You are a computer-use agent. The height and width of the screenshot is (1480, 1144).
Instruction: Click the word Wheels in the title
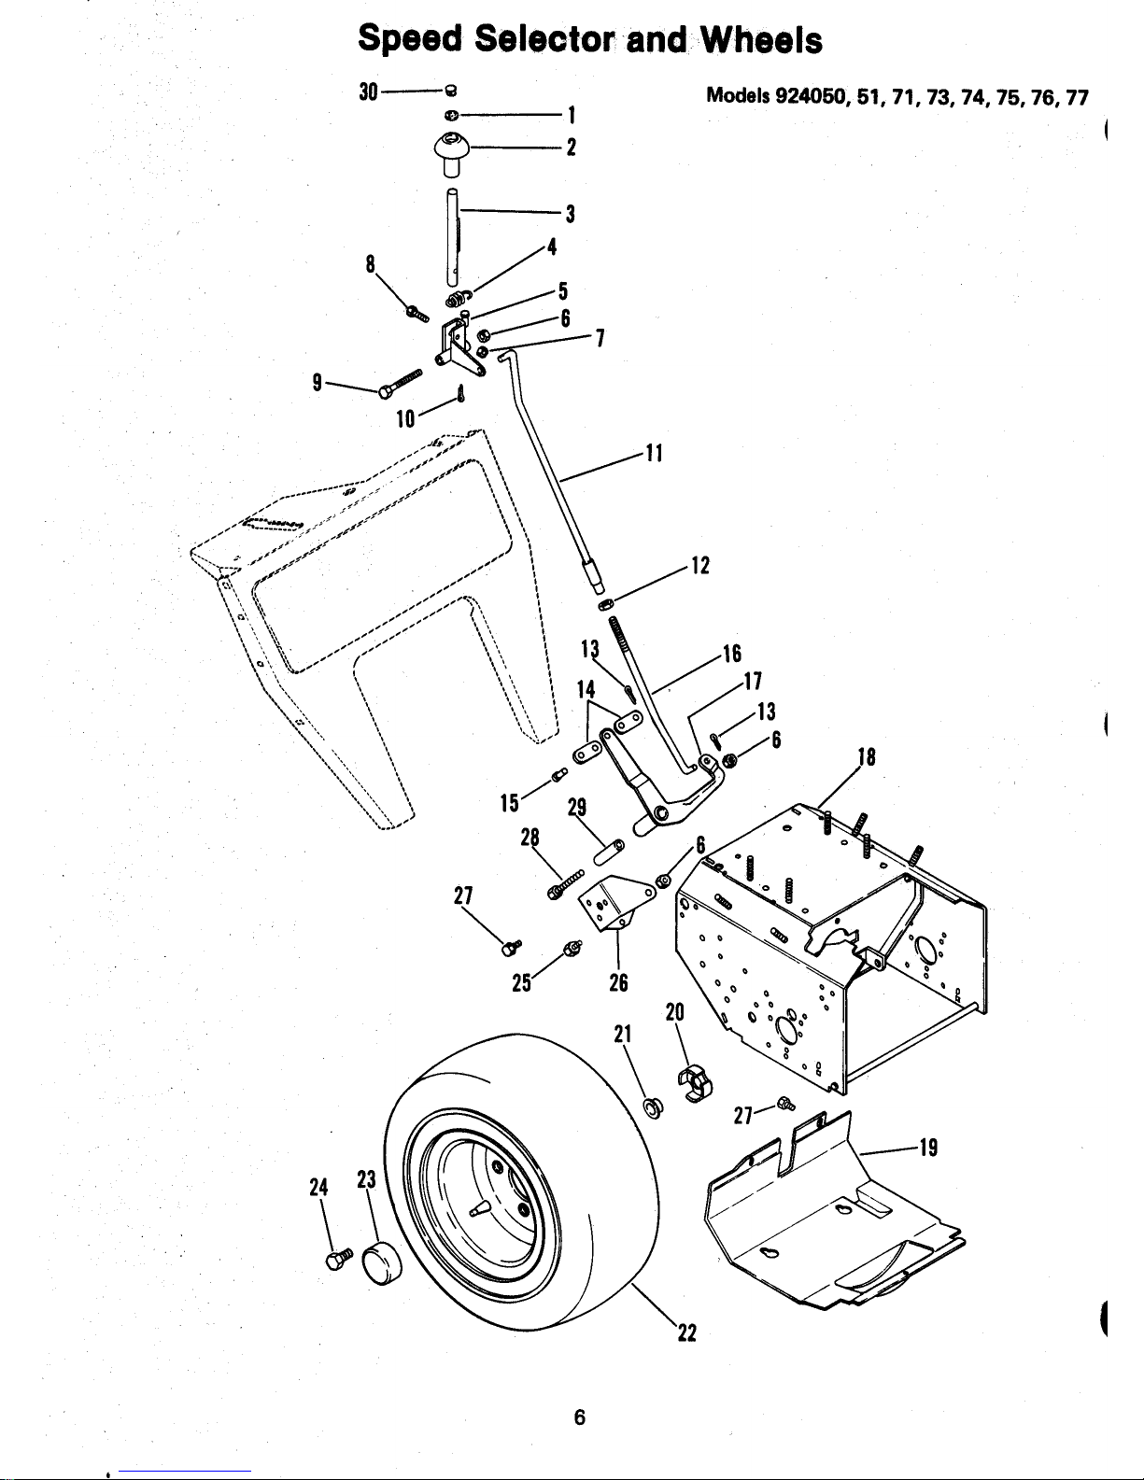(761, 39)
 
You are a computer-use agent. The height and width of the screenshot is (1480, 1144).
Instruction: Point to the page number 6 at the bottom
(580, 1417)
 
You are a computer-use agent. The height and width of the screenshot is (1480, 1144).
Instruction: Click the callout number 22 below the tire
(687, 1332)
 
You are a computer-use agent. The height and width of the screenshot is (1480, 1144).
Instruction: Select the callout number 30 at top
(368, 92)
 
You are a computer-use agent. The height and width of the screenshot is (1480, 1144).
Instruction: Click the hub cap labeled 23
(381, 1262)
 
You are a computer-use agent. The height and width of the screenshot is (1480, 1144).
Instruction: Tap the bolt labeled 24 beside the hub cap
(339, 1259)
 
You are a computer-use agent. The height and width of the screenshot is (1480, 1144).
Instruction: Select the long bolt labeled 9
(401, 383)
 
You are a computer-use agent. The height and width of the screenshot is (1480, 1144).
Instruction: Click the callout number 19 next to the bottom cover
(929, 1148)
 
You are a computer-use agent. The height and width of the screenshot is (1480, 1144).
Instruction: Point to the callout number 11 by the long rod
(654, 453)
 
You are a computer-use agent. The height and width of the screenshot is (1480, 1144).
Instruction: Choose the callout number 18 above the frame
(867, 756)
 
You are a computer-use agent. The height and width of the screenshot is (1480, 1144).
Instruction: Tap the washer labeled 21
(653, 1108)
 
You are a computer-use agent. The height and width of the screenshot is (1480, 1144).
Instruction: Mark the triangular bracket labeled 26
(613, 903)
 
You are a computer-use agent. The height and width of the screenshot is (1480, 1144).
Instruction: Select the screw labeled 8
(417, 313)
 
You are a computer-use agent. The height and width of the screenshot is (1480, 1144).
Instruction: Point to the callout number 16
(732, 654)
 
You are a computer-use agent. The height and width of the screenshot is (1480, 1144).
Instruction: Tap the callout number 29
(577, 807)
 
